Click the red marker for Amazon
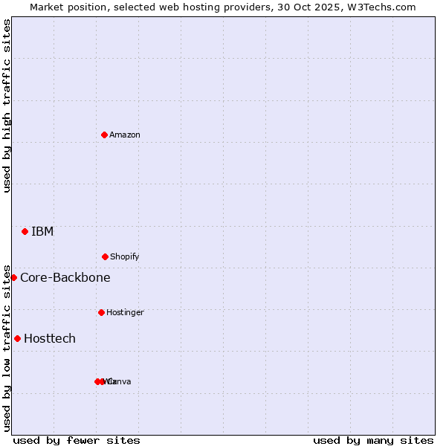pyautogui.click(x=105, y=135)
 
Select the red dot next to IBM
pyautogui.click(x=25, y=232)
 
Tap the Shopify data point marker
pyautogui.click(x=105, y=256)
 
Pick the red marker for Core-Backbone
pyautogui.click(x=13, y=277)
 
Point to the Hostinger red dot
pyautogui.click(x=101, y=312)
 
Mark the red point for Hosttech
pyautogui.click(x=17, y=338)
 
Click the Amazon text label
pyautogui.click(x=125, y=135)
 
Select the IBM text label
pyautogui.click(x=42, y=232)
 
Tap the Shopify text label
pyautogui.click(x=125, y=256)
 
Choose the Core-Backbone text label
pyautogui.click(x=65, y=278)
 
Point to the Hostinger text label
pyautogui.click(x=125, y=312)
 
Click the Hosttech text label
pyautogui.click(x=50, y=339)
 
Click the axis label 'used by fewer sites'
pyautogui.click(x=77, y=440)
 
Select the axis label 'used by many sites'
pyautogui.click(x=373, y=440)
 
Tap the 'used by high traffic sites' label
pyautogui.click(x=7, y=106)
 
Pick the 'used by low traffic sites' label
pyautogui.click(x=7, y=346)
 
